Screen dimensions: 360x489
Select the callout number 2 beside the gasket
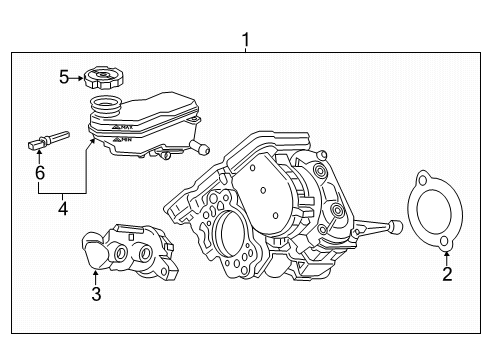click(x=447, y=273)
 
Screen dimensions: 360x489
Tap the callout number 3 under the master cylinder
click(x=96, y=294)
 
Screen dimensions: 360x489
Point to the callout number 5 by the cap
click(x=64, y=76)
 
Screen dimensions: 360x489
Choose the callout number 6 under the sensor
click(x=40, y=174)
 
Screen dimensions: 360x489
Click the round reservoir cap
click(x=102, y=77)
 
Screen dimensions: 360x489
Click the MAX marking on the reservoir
click(x=123, y=128)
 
